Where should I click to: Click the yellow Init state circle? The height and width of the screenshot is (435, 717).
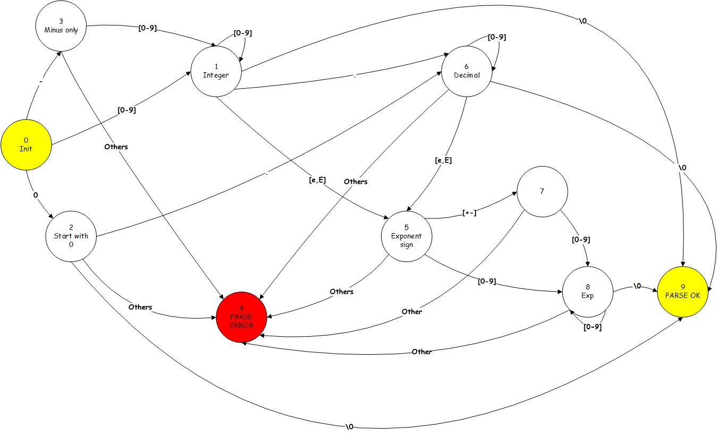(x=26, y=144)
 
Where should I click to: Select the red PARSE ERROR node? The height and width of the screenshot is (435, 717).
(x=241, y=317)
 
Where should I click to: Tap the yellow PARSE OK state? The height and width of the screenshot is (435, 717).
(x=682, y=292)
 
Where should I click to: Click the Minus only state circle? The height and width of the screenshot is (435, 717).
(x=61, y=25)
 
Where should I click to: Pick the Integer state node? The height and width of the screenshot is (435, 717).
(x=216, y=71)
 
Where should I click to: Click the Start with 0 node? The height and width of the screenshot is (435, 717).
(x=71, y=236)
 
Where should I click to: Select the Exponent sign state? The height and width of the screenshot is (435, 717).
(x=406, y=236)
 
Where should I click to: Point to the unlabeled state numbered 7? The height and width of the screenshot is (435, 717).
(x=542, y=191)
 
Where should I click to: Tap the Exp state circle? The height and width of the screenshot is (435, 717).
(x=587, y=292)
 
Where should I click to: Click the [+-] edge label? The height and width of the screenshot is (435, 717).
(x=469, y=213)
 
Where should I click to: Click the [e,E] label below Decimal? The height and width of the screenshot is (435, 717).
(x=443, y=160)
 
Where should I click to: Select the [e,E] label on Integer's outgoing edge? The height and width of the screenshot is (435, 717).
(x=317, y=180)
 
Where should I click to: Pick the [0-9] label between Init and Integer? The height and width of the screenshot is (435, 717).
(x=126, y=110)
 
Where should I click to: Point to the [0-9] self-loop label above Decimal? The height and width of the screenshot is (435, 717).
(x=496, y=37)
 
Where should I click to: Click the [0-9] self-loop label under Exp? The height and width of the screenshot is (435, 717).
(x=592, y=327)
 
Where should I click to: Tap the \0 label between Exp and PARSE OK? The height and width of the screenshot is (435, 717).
(x=637, y=287)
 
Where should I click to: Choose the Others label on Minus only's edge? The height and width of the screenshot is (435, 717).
(x=116, y=147)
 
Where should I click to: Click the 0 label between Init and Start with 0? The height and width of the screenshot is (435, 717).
(x=36, y=195)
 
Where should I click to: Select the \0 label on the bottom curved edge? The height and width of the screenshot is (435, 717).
(x=349, y=427)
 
